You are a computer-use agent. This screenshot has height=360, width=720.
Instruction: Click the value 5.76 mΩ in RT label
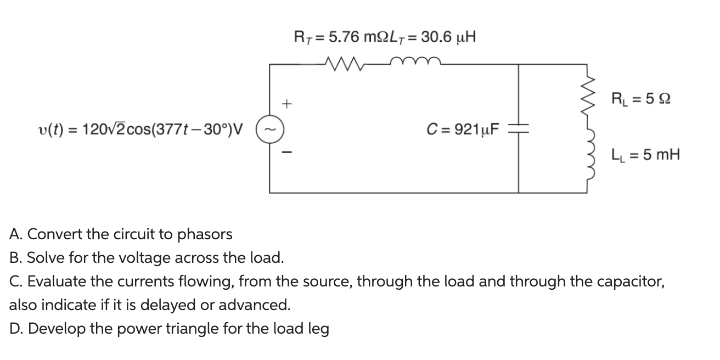[x=351, y=37]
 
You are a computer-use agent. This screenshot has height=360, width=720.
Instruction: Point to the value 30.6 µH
[x=447, y=37]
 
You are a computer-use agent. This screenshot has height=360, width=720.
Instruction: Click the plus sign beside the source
[x=287, y=103]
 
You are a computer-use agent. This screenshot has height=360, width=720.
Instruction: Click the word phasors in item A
[x=205, y=235]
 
